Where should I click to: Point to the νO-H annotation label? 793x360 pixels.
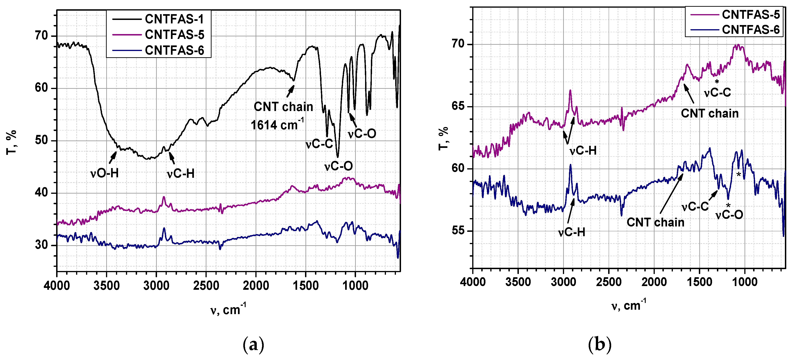(104, 173)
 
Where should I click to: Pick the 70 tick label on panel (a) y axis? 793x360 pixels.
(42, 36)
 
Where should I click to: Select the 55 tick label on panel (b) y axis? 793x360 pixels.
(458, 231)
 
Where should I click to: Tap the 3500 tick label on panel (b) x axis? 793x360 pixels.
(518, 282)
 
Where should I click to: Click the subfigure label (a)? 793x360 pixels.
(253, 345)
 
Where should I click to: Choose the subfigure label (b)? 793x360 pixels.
(599, 345)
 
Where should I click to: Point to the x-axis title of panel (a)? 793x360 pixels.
(228, 309)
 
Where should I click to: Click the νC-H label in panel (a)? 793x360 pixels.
(181, 174)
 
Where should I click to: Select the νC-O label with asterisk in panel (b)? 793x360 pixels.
(729, 214)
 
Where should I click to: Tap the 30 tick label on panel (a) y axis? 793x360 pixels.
(42, 245)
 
